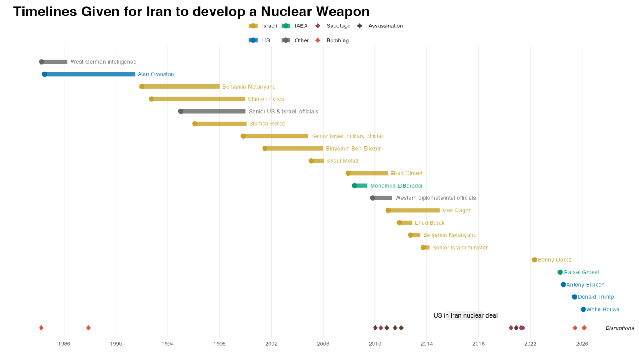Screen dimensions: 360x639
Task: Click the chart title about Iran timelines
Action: coord(191,11)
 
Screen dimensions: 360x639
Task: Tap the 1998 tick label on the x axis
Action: coord(219,344)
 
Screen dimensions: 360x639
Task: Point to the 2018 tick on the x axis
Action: coord(478,344)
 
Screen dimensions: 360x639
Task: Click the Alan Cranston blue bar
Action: coord(90,74)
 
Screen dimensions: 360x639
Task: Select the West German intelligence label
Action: coord(103,62)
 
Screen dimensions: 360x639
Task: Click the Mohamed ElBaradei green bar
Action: coord(361,186)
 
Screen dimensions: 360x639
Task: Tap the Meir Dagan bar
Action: coord(414,210)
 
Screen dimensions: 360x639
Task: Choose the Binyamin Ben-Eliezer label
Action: coord(353,149)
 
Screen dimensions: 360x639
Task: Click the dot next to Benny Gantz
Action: coord(535,260)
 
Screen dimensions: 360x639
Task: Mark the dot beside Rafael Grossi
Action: coord(560,272)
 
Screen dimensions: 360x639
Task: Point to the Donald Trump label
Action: coord(596,297)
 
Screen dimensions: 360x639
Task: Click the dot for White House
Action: coord(583,309)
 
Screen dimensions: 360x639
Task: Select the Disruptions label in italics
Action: coord(619,328)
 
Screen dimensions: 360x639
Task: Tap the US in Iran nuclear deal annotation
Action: coord(465,315)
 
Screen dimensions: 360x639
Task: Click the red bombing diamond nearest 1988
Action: coord(88,328)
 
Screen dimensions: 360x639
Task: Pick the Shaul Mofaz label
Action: coord(342,161)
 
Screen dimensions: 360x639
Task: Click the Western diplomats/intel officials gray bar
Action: coord(382,198)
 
